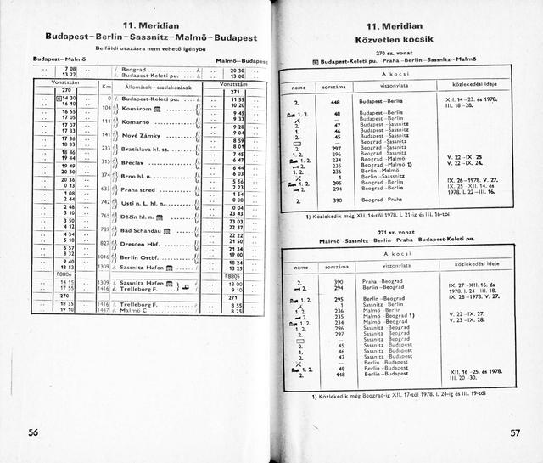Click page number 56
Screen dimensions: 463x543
coord(34,432)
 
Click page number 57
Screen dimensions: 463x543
coord(514,432)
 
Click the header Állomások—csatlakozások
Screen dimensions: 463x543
coord(162,87)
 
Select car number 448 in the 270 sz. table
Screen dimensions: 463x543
coord(334,100)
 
